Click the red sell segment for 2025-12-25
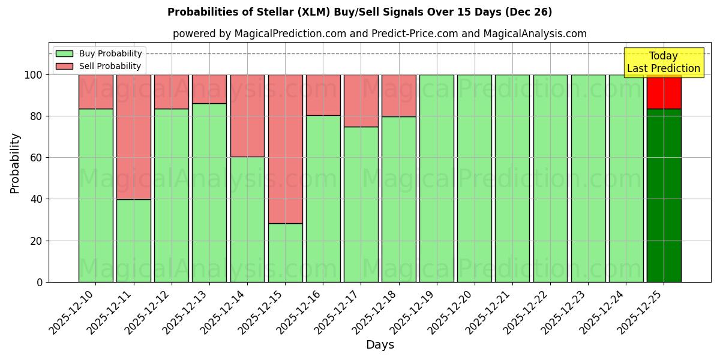point(664,92)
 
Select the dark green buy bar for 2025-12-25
point(664,195)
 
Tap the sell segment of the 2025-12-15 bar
point(285,149)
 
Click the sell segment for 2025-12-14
point(247,115)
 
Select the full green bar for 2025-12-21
point(512,178)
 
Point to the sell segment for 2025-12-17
point(361,100)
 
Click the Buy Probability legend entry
point(98,53)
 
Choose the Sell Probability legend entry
point(98,66)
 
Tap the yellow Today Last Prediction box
point(664,62)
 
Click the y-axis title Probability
point(15,163)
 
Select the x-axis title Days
point(380,345)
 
